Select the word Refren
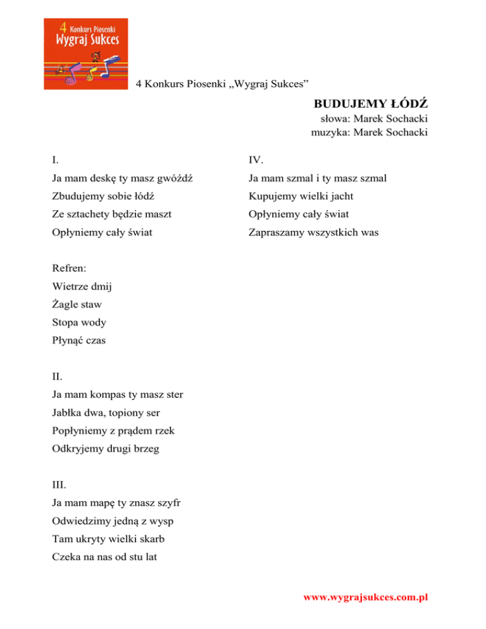click(70, 268)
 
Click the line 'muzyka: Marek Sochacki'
click(369, 132)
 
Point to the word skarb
click(161, 540)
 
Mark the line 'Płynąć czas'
click(79, 340)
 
